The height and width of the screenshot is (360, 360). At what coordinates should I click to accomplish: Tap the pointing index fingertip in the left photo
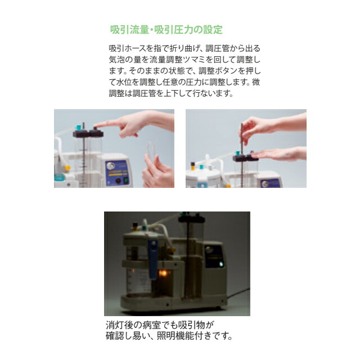[96, 125]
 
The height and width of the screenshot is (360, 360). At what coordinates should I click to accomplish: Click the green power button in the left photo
[127, 181]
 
